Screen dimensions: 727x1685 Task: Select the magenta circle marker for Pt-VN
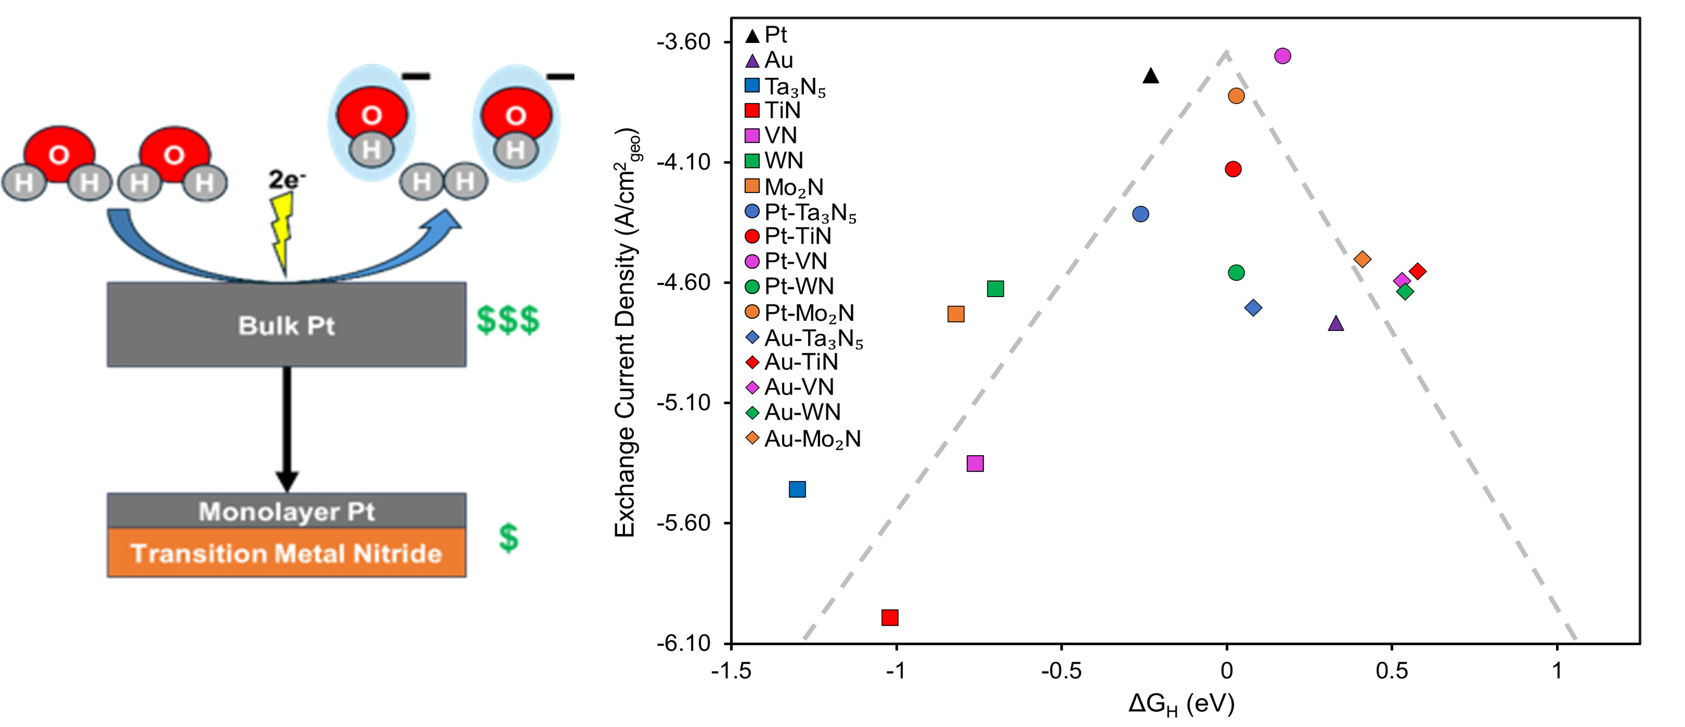tap(1283, 56)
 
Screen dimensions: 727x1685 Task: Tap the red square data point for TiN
tap(890, 617)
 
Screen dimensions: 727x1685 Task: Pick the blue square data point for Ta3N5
tap(797, 489)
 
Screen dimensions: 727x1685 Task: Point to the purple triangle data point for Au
tap(1336, 323)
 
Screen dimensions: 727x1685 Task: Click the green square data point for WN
tap(995, 288)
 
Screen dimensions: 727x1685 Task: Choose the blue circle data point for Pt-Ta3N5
tap(1140, 214)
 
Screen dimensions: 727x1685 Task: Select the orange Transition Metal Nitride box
tap(286, 553)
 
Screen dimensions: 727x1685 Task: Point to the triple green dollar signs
tap(507, 320)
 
